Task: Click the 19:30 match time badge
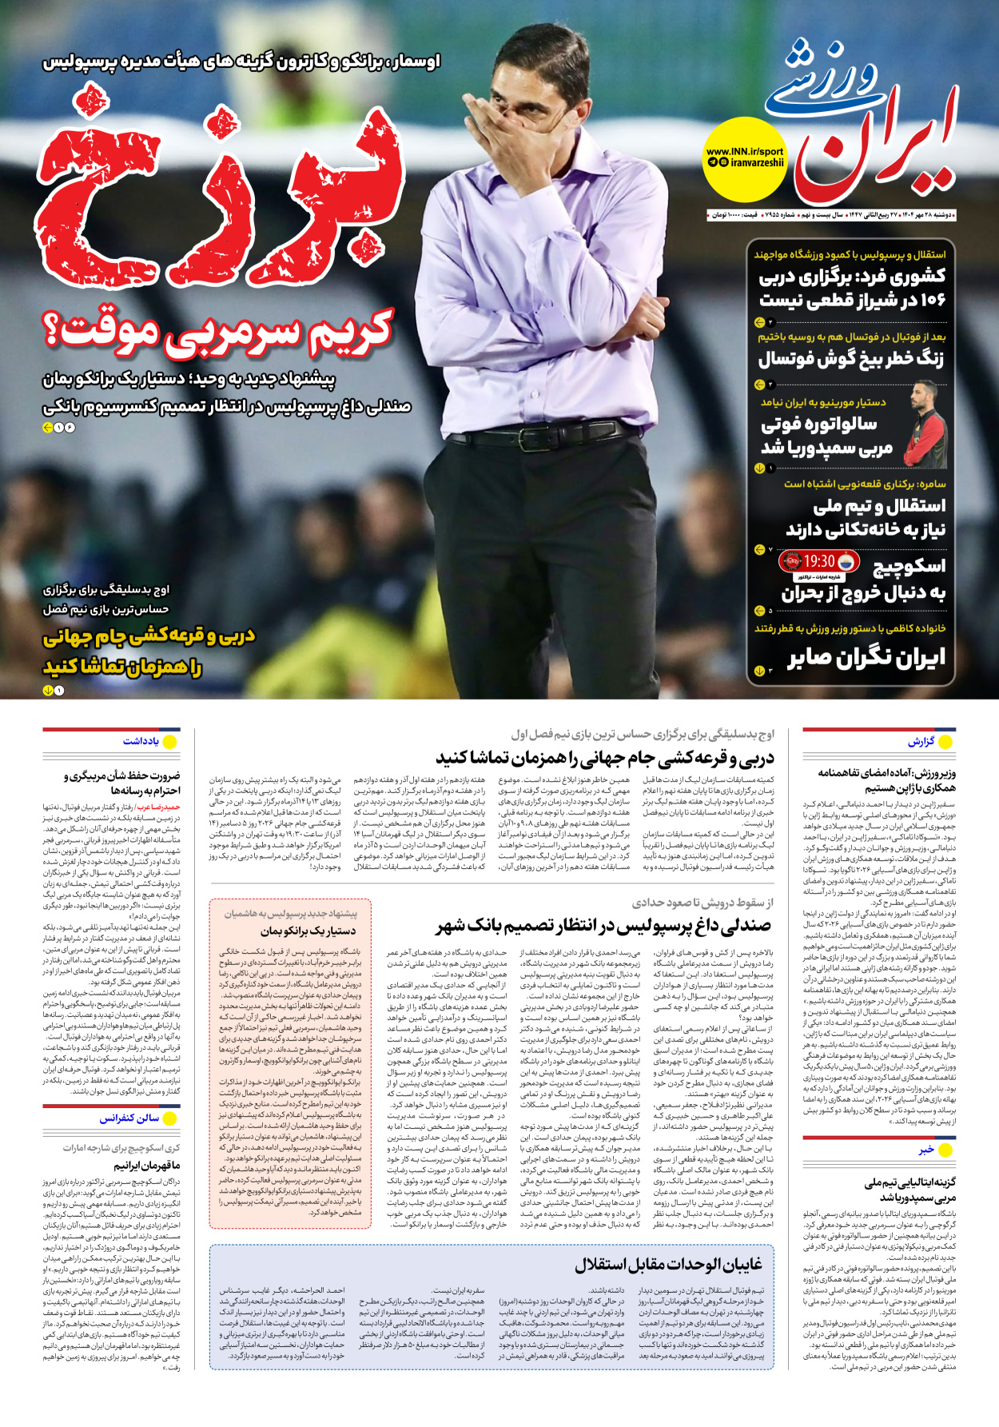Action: (819, 562)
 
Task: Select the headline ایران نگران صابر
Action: (866, 657)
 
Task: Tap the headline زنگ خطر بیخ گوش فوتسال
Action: (851, 359)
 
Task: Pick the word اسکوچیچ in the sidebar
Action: (908, 566)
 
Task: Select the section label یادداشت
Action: (141, 741)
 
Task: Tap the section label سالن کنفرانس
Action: (129, 1118)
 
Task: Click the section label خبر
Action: (925, 1150)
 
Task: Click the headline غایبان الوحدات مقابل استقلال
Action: (668, 1265)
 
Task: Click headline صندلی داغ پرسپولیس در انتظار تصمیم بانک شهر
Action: (603, 926)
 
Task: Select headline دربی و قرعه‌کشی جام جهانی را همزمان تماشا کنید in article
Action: (605, 757)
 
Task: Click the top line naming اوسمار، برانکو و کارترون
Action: (241, 62)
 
